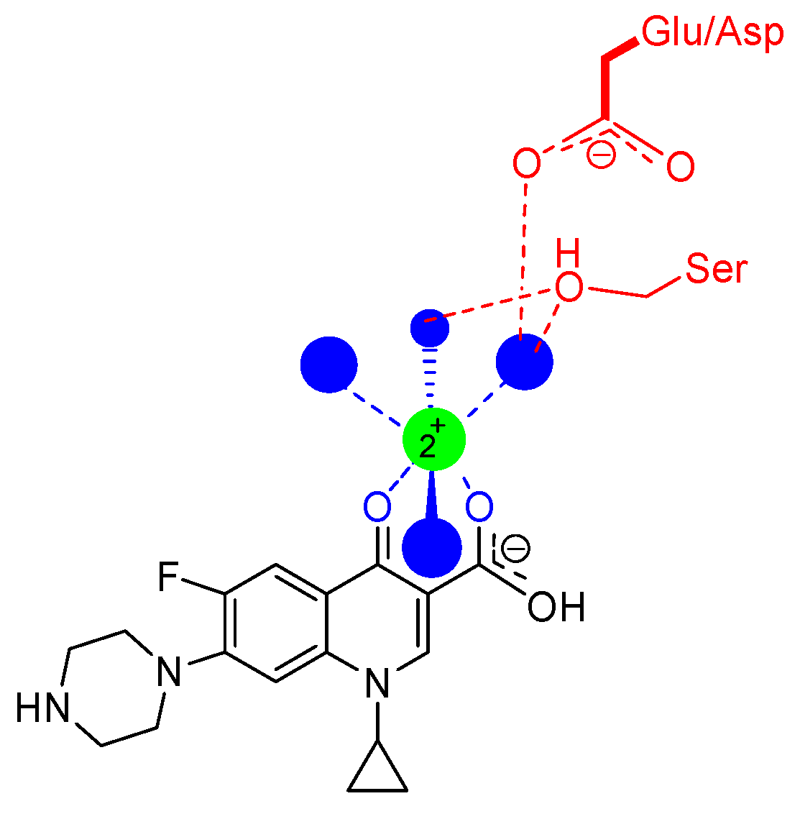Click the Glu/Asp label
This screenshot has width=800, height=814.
(712, 32)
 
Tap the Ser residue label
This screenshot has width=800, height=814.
(717, 269)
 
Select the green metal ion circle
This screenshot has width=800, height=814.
(433, 439)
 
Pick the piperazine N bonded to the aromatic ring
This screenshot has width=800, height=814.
(169, 672)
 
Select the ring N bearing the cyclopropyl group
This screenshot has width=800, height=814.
(377, 682)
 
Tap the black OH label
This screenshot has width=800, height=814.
(556, 608)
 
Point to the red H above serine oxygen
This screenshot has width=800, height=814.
(568, 255)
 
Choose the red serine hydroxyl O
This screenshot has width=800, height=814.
(569, 288)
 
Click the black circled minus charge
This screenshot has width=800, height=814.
(515, 549)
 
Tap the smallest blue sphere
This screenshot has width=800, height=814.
(429, 328)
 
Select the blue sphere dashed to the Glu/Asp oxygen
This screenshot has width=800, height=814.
(525, 362)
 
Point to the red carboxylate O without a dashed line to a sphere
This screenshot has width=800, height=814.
(679, 167)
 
